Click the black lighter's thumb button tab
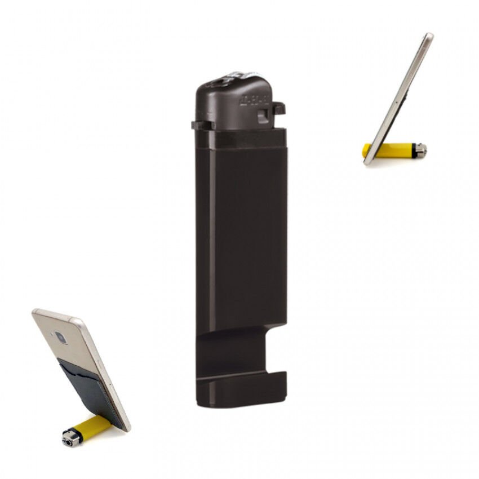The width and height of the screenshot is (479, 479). [x=278, y=107]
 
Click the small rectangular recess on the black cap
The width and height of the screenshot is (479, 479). [x=263, y=116]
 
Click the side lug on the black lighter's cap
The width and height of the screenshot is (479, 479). [x=201, y=125]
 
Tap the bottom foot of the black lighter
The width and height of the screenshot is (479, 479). [x=242, y=389]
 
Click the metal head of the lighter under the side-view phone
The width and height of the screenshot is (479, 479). [x=420, y=149]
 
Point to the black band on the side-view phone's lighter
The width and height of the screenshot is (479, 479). [x=414, y=150]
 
